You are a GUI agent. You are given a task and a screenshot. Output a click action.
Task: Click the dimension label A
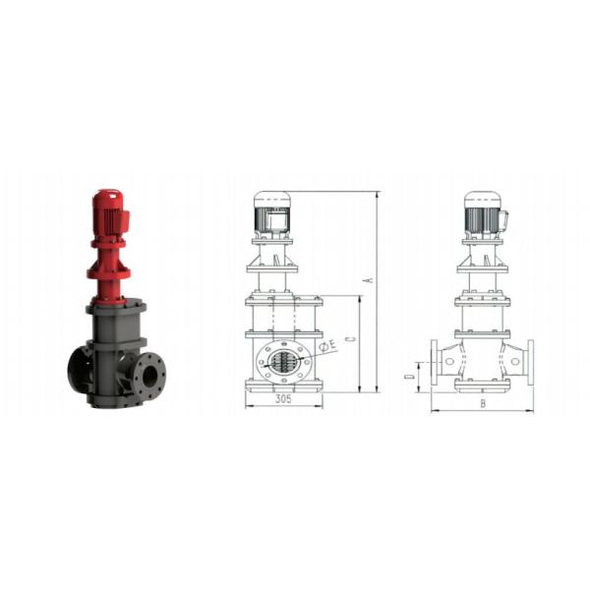click(x=370, y=280)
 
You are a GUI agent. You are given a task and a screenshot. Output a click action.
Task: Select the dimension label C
click(x=352, y=338)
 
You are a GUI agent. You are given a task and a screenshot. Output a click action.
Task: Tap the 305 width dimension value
click(x=283, y=399)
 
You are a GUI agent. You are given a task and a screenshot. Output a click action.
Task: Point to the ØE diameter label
click(x=327, y=345)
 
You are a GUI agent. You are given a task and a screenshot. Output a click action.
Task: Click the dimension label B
click(x=483, y=404)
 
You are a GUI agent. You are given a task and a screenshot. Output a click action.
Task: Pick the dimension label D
click(x=409, y=377)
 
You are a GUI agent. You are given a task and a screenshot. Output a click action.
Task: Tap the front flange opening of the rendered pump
click(x=150, y=376)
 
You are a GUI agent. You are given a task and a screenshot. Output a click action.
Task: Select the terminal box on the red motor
click(x=124, y=219)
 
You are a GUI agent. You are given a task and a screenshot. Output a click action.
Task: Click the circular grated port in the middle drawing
click(x=284, y=362)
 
